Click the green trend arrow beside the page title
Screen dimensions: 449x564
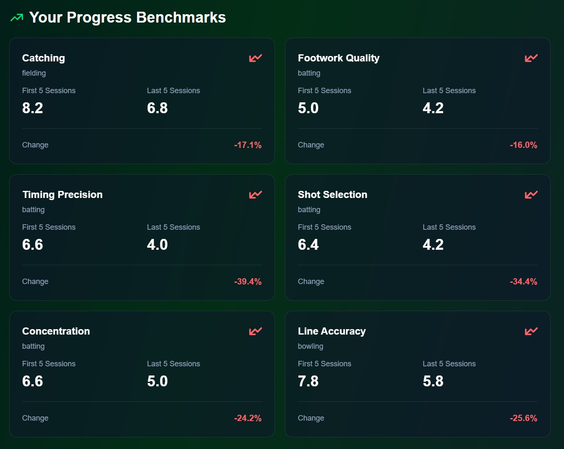click(x=17, y=18)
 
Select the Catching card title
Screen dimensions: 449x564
click(x=43, y=58)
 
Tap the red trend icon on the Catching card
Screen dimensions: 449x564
click(x=255, y=58)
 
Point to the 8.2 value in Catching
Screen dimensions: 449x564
click(x=33, y=108)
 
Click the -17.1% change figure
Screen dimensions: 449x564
click(x=248, y=145)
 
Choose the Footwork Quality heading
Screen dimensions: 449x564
click(x=338, y=58)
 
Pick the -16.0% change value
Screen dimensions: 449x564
click(x=523, y=145)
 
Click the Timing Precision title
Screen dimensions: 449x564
click(x=62, y=195)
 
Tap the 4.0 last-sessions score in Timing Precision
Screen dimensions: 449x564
click(x=158, y=245)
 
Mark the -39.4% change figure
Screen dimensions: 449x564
click(x=248, y=282)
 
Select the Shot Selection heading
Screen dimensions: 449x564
click(x=332, y=195)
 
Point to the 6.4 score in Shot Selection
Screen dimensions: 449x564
click(x=308, y=245)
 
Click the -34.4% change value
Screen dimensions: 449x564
click(x=523, y=282)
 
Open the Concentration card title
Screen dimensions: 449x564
click(x=56, y=331)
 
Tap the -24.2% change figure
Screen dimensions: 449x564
click(x=248, y=418)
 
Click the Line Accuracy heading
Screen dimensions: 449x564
click(x=332, y=331)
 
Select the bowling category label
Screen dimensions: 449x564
click(x=310, y=346)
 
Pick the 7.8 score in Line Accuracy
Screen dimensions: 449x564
click(x=308, y=381)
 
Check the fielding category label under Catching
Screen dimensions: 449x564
click(x=34, y=73)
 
